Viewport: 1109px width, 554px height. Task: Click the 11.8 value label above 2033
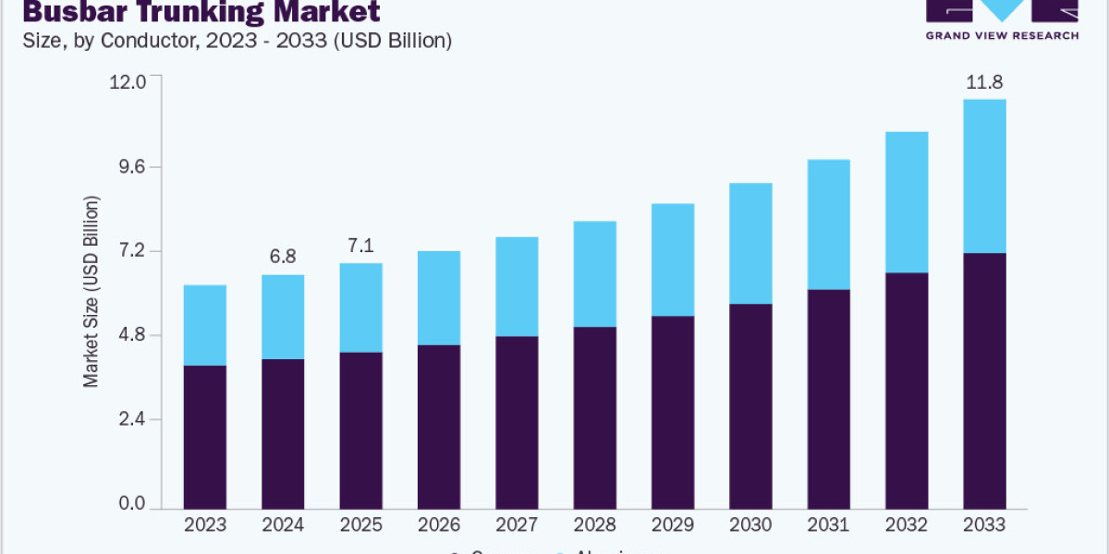pyautogui.click(x=984, y=83)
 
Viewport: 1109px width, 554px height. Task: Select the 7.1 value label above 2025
pyautogui.click(x=360, y=247)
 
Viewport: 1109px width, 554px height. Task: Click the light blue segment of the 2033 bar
pyautogui.click(x=984, y=175)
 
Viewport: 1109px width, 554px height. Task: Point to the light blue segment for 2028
pyautogui.click(x=594, y=273)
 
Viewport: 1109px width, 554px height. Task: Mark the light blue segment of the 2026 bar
pyautogui.click(x=439, y=297)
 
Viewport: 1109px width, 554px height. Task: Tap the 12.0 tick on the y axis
pyautogui.click(x=128, y=81)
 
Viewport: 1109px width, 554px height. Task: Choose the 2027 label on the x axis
pyautogui.click(x=517, y=524)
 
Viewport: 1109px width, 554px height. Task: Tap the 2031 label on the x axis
pyautogui.click(x=828, y=524)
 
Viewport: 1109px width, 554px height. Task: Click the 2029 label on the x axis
pyautogui.click(x=672, y=524)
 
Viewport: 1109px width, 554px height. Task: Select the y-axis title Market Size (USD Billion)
pyautogui.click(x=91, y=291)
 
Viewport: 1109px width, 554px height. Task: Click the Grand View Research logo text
pyautogui.click(x=1002, y=35)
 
